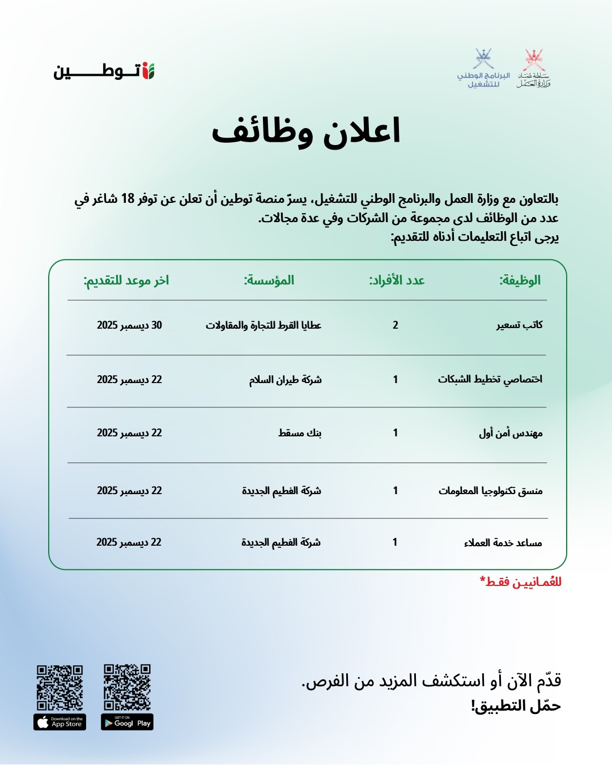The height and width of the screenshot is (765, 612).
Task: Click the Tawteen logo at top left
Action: click(x=104, y=71)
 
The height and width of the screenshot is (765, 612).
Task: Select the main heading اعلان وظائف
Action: click(x=306, y=131)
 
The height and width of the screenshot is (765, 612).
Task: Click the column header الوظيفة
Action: click(x=520, y=280)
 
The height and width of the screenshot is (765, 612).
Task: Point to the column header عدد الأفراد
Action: click(x=397, y=280)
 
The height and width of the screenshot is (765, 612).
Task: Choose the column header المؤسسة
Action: click(x=269, y=280)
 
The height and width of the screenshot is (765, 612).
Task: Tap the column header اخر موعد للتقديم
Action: click(x=126, y=280)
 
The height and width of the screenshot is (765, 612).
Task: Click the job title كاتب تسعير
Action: click(x=520, y=325)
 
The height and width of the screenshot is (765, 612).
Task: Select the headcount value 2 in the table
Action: click(x=396, y=325)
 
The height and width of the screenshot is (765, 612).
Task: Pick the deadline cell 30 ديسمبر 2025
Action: click(x=129, y=325)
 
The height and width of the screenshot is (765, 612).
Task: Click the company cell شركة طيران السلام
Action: click(x=285, y=379)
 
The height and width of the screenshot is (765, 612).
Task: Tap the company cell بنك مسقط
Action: click(x=300, y=432)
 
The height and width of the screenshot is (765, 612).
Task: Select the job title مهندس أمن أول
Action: click(x=511, y=433)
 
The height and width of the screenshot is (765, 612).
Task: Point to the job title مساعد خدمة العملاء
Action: click(x=503, y=542)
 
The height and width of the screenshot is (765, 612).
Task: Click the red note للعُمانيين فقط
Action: click(x=521, y=581)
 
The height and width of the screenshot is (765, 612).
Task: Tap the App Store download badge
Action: click(x=60, y=722)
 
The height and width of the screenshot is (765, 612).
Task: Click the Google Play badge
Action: click(x=127, y=722)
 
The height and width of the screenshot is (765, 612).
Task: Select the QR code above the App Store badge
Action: click(x=60, y=687)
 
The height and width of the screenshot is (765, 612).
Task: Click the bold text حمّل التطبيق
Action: click(x=516, y=706)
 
